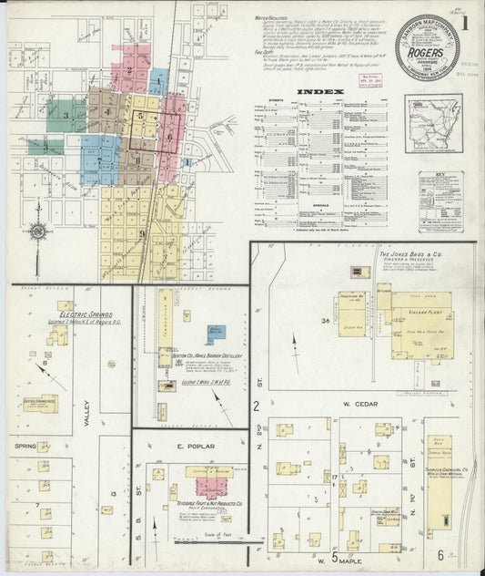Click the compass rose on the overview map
point(38,231)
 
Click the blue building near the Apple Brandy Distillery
point(217,334)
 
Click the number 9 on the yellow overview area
point(142,234)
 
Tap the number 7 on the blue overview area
point(99,161)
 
